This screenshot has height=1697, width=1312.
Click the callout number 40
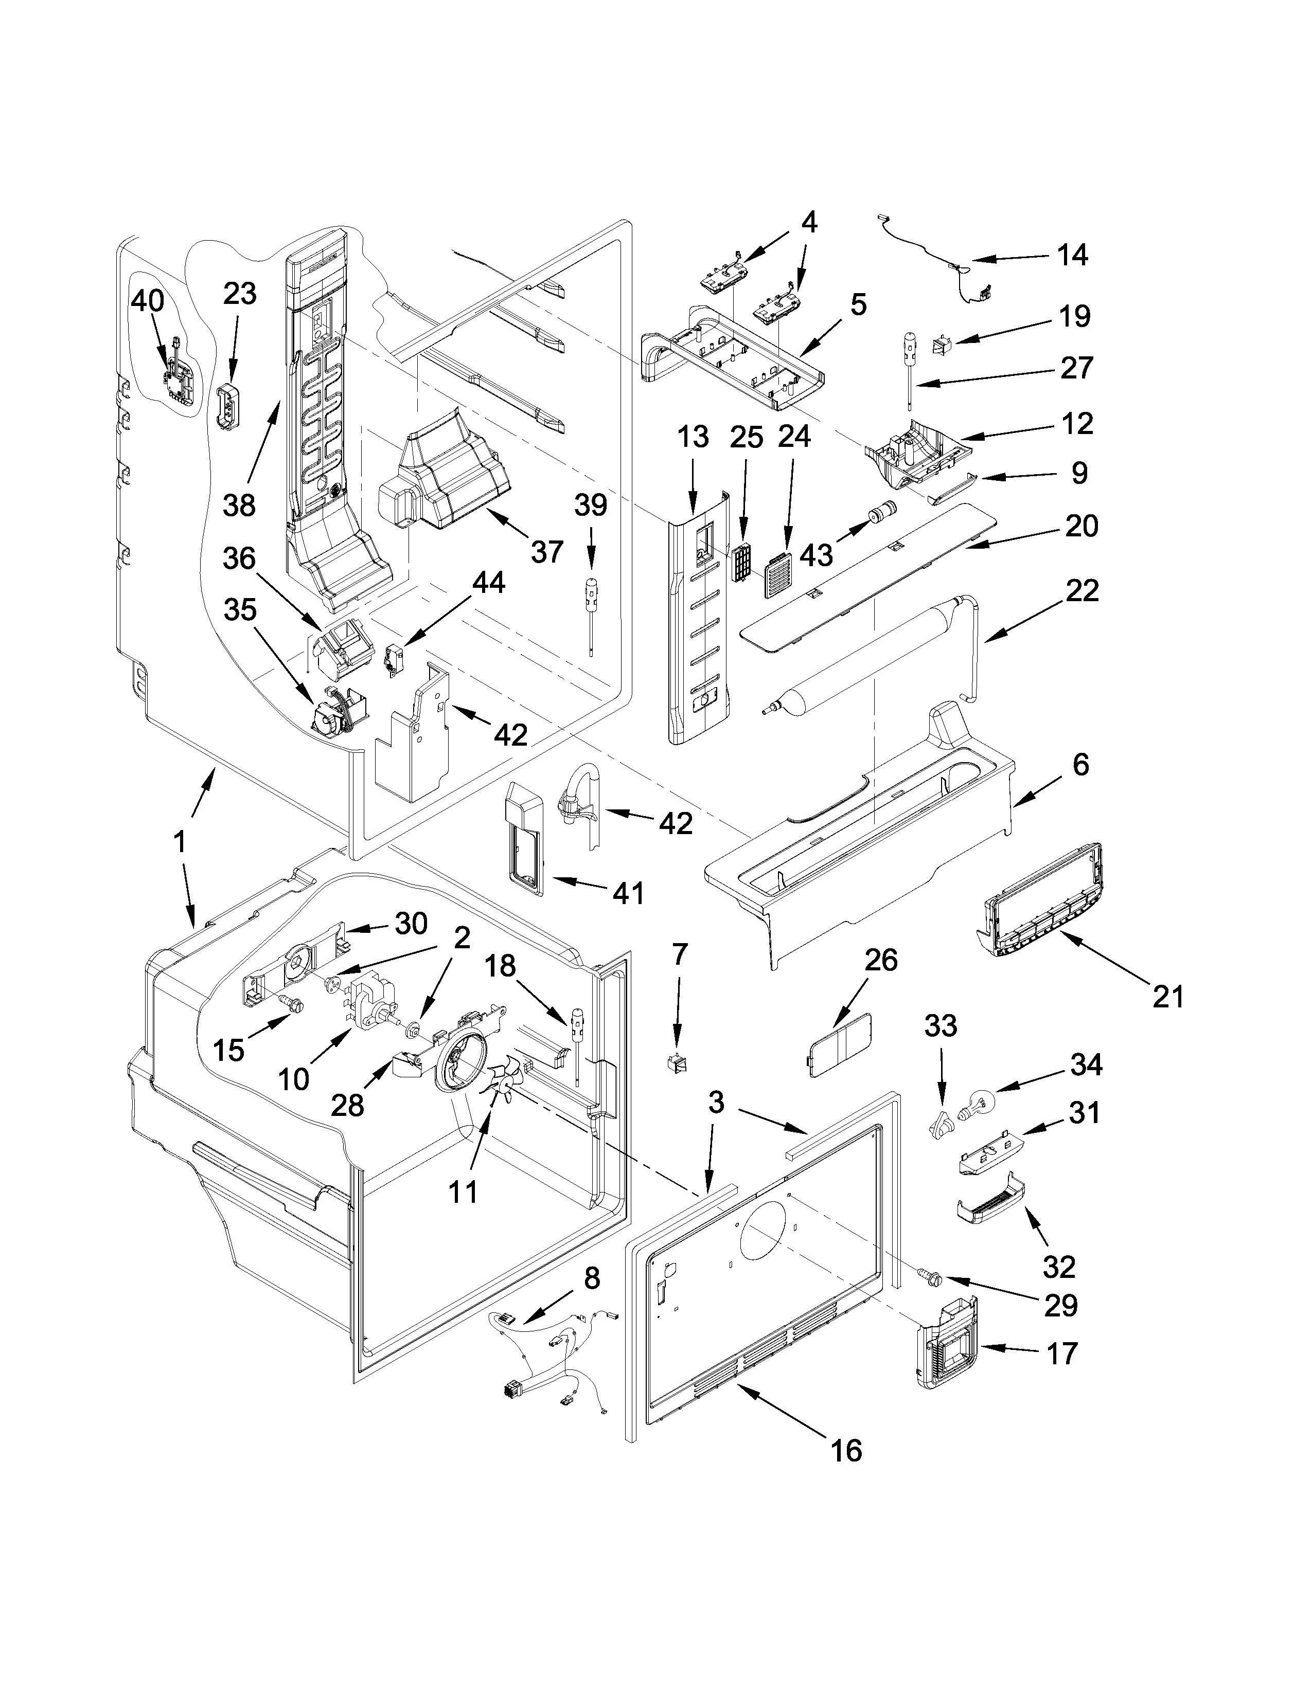click(x=147, y=301)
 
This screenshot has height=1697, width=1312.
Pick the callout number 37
click(x=546, y=552)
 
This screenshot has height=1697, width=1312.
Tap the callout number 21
click(x=1168, y=996)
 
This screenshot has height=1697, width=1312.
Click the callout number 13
click(x=693, y=438)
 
